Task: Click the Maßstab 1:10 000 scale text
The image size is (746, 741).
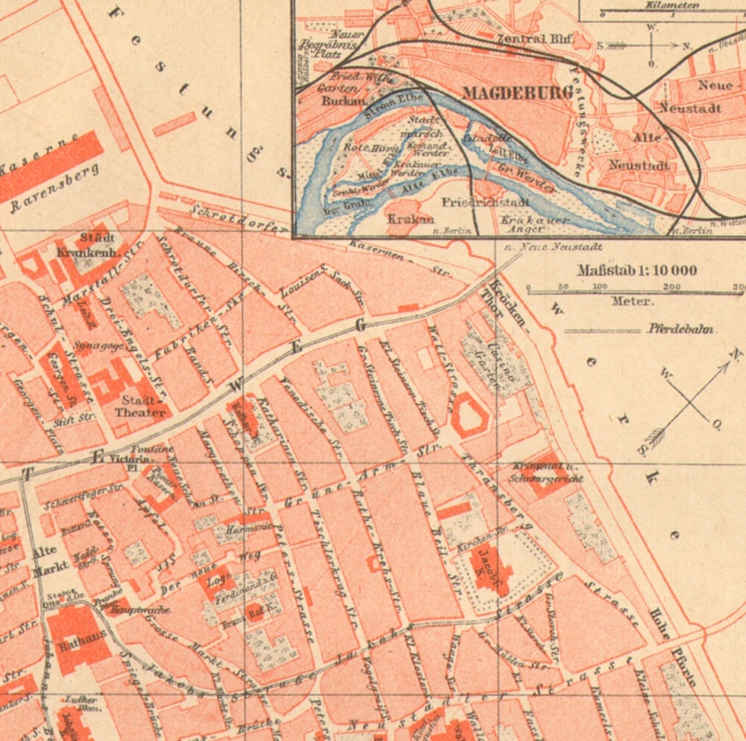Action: click(x=637, y=270)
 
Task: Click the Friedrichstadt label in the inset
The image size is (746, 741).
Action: click(x=485, y=202)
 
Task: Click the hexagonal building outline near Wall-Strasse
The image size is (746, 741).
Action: click(x=470, y=415)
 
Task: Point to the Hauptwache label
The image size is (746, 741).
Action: click(x=140, y=610)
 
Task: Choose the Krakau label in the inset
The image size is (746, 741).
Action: click(x=410, y=218)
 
